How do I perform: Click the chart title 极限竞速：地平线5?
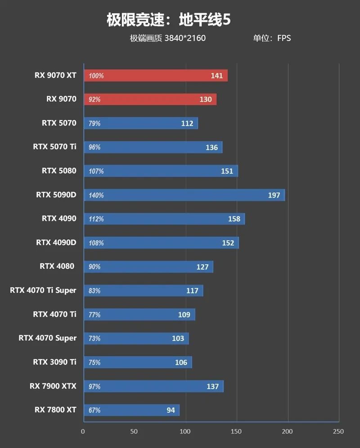(168, 20)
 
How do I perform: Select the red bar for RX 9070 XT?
(155, 76)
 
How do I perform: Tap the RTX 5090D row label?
(56, 195)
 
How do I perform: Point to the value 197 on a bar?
(274, 195)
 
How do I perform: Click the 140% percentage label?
(96, 195)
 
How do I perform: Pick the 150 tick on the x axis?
(236, 431)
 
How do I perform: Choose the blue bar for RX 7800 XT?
(131, 410)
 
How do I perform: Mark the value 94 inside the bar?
(171, 410)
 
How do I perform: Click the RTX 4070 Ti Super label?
(43, 290)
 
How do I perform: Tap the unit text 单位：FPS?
(272, 38)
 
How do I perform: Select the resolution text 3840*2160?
(185, 38)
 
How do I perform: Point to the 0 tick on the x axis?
(83, 431)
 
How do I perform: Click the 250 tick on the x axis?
(338, 431)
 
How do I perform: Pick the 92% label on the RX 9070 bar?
(94, 100)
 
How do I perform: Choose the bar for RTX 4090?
(164, 219)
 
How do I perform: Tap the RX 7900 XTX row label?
(53, 386)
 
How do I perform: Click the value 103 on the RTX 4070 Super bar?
(178, 338)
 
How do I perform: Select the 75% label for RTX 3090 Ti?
(94, 362)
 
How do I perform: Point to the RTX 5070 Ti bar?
(153, 147)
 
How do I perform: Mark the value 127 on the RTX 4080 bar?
(202, 267)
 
